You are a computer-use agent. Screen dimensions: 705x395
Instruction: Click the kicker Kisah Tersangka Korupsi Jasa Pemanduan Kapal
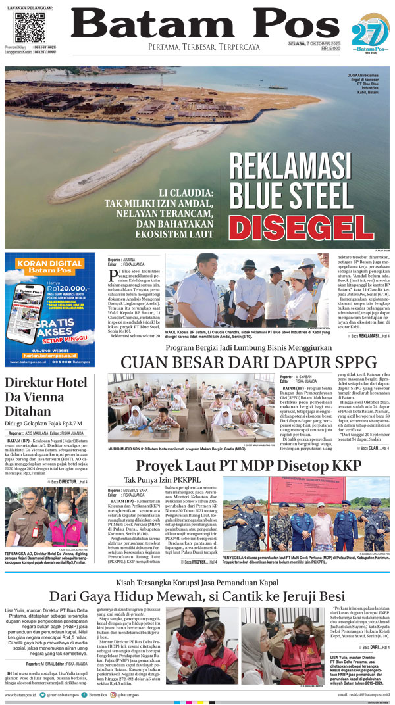[197, 583]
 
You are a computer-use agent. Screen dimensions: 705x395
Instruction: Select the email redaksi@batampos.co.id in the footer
[364, 694]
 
